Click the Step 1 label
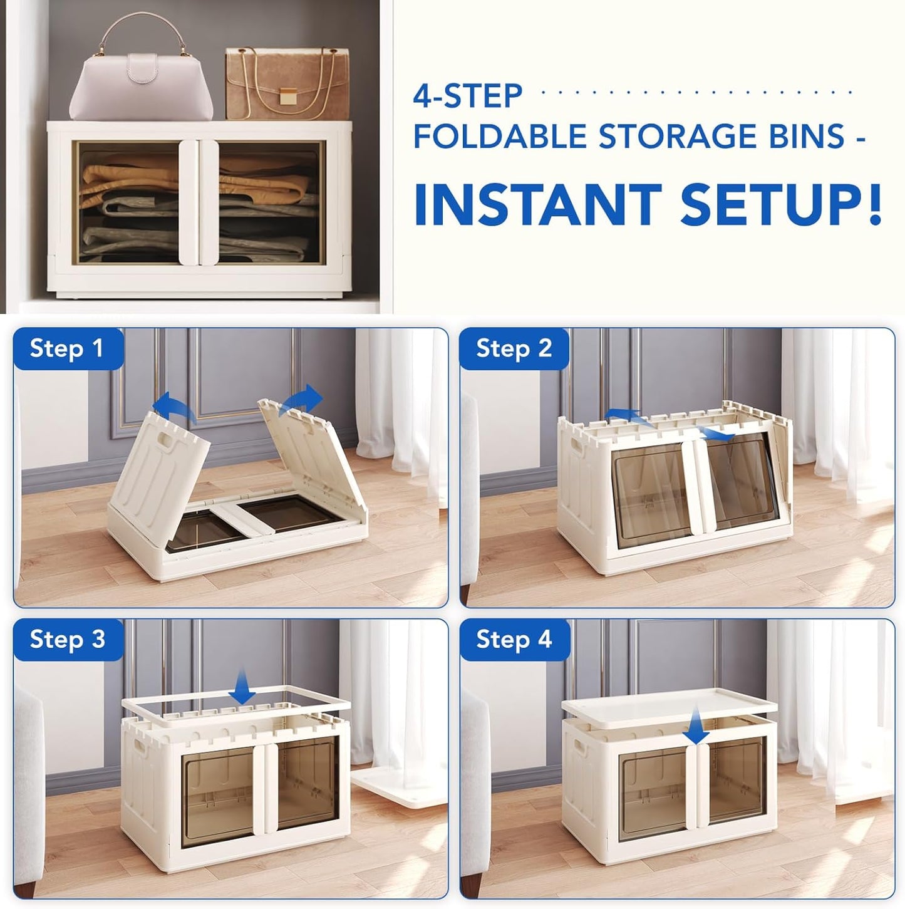pyautogui.click(x=66, y=348)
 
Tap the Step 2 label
pyautogui.click(x=514, y=348)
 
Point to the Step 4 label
pyautogui.click(x=514, y=640)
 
